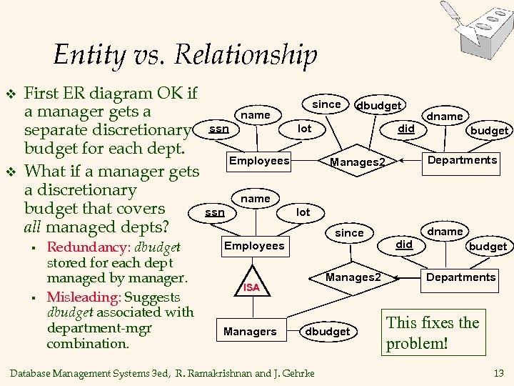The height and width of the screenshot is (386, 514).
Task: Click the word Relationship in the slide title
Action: click(246, 55)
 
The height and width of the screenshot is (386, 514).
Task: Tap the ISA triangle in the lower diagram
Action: click(251, 284)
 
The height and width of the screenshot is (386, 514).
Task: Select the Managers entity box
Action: click(250, 332)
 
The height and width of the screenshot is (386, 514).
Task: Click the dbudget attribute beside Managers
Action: click(328, 332)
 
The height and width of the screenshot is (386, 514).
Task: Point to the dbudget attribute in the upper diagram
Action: click(378, 106)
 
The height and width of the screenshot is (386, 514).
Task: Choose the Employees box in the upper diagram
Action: click(259, 161)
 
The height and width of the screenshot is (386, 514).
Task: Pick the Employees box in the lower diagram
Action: click(254, 246)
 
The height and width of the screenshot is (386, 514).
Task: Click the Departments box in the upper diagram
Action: click(461, 160)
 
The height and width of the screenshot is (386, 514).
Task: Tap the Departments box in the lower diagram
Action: click(460, 277)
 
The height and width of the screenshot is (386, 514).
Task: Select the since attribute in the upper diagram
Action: click(327, 104)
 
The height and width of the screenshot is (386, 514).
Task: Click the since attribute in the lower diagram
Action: click(349, 233)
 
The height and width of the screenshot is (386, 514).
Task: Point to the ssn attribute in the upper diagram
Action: click(219, 129)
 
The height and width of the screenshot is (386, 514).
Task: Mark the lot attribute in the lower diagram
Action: click(303, 212)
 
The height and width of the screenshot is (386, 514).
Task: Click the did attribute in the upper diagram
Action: click(406, 129)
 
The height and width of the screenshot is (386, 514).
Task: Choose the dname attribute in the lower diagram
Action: click(445, 232)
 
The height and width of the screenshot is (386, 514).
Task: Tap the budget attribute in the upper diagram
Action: click(489, 131)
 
